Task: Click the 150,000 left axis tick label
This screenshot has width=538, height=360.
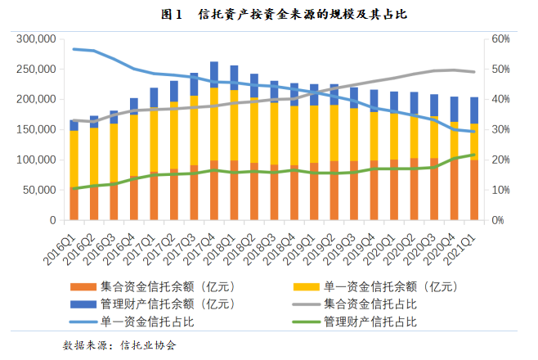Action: [35, 130]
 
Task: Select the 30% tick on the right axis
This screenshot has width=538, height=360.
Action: [500, 130]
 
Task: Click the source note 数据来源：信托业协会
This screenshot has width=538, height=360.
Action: [119, 345]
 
